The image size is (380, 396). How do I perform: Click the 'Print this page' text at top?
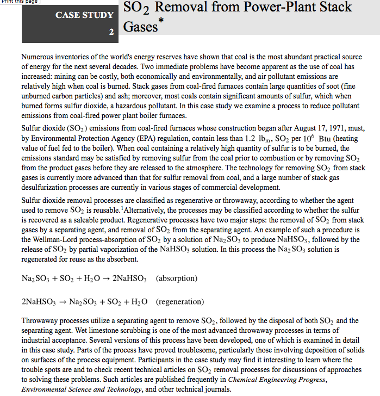tap(19, 2)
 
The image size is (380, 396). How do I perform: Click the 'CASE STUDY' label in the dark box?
tap(84, 15)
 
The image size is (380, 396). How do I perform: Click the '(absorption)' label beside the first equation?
tap(177, 279)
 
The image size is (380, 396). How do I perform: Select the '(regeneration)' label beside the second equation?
tap(180, 301)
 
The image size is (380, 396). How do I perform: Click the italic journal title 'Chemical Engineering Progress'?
tap(277, 380)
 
